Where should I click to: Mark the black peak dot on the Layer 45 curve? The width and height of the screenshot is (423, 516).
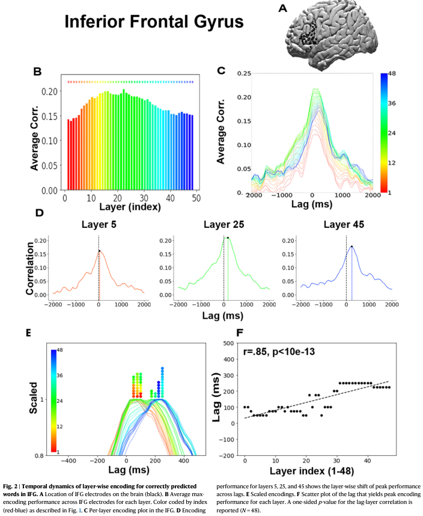352,247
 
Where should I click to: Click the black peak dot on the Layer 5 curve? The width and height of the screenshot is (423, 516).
100,251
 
